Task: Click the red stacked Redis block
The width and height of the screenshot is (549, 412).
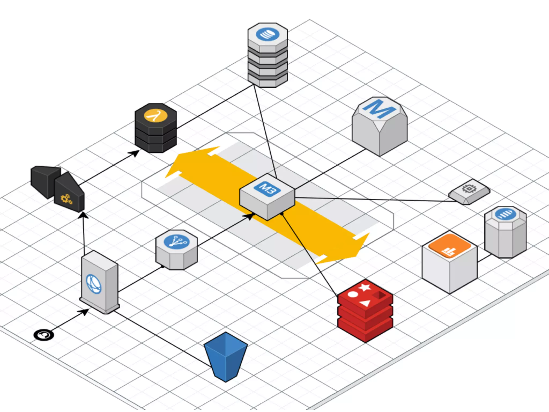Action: coord(365,311)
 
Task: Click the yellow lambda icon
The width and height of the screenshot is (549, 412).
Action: coord(155,116)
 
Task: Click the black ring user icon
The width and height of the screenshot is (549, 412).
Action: coord(43,335)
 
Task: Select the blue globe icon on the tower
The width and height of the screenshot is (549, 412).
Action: coord(94,284)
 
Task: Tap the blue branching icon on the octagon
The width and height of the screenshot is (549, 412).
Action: coord(177,241)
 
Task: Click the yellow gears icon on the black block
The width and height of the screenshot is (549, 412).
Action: coord(66,199)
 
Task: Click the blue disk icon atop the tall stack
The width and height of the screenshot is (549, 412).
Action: coord(268,34)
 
